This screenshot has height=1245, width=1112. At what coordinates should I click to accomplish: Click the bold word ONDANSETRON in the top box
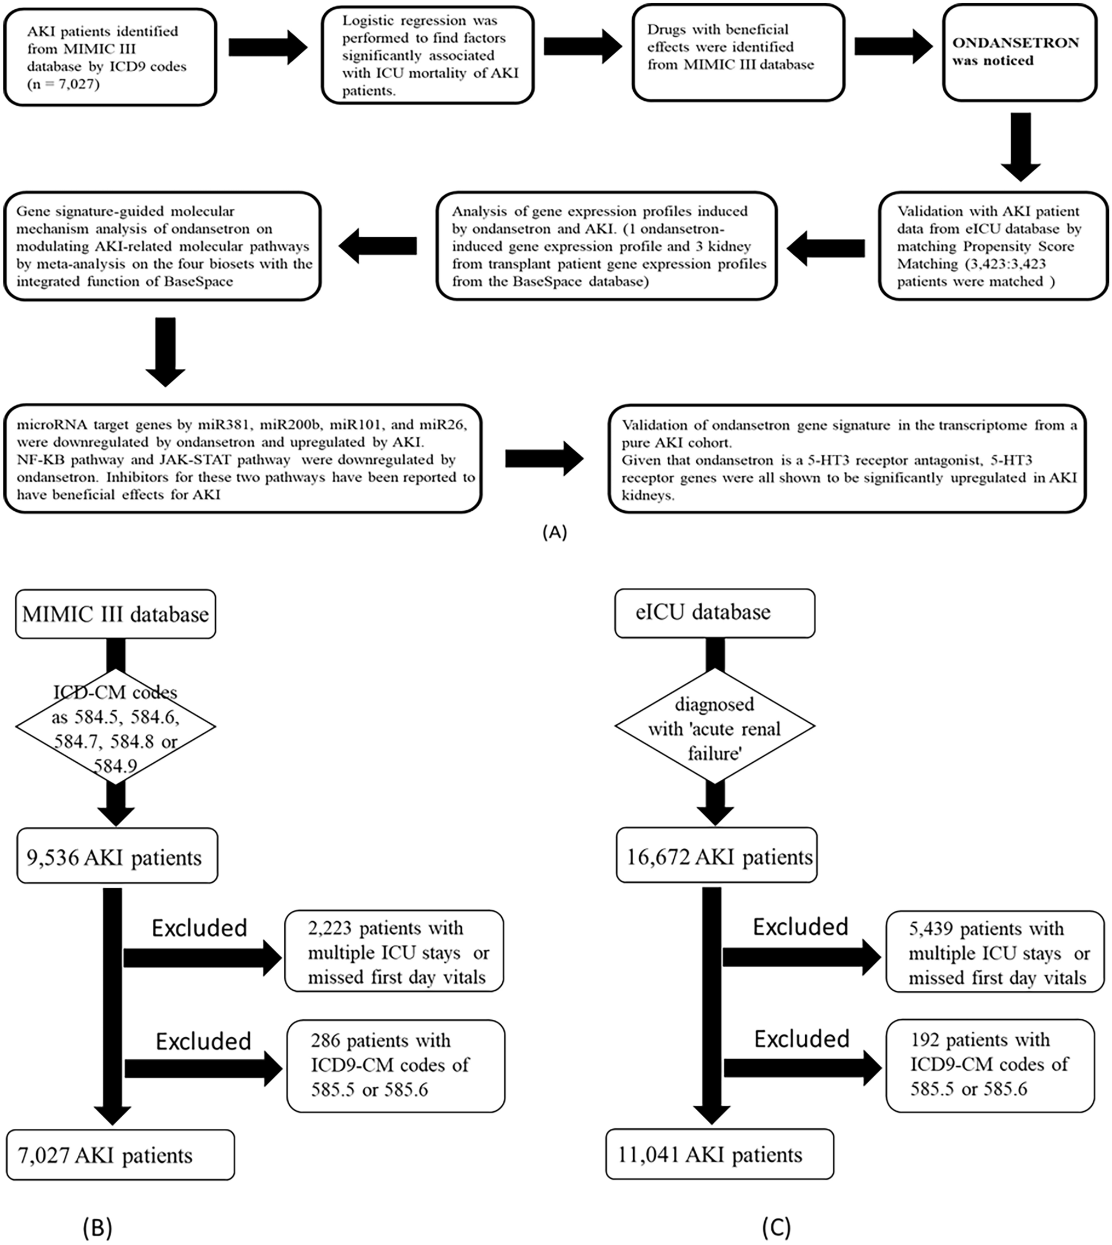(1016, 43)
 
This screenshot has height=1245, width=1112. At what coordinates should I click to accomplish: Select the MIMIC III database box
(116, 614)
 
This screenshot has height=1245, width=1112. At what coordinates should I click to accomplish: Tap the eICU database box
(714, 613)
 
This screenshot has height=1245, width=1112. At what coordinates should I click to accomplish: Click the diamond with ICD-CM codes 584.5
(116, 727)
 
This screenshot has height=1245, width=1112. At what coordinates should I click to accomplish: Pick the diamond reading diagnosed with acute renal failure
(714, 727)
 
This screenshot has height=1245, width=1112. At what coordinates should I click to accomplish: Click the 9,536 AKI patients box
(117, 856)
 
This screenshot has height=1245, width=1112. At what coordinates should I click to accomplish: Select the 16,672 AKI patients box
(716, 856)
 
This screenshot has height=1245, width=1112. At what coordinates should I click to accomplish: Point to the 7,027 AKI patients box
(121, 1155)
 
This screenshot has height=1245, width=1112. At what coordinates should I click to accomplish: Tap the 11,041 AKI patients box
(719, 1154)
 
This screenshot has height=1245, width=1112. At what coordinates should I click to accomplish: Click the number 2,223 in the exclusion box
(329, 928)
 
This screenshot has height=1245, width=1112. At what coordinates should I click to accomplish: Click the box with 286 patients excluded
(395, 1065)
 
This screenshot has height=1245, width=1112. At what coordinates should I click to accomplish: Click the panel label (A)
(554, 532)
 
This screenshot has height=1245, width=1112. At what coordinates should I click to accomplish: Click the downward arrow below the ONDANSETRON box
(1021, 147)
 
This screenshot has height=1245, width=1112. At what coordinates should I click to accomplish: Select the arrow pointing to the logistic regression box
(268, 47)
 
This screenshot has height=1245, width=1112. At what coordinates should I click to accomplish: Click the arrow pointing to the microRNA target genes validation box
(544, 459)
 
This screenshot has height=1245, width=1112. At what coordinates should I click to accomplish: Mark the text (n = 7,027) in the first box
(63, 84)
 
